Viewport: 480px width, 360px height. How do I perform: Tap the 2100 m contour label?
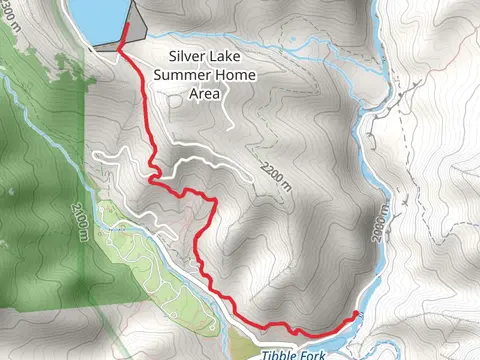79,219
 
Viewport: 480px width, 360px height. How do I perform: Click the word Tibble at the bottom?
281,353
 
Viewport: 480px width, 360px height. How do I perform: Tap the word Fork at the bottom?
314,353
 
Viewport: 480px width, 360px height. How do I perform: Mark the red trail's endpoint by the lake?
126,13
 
